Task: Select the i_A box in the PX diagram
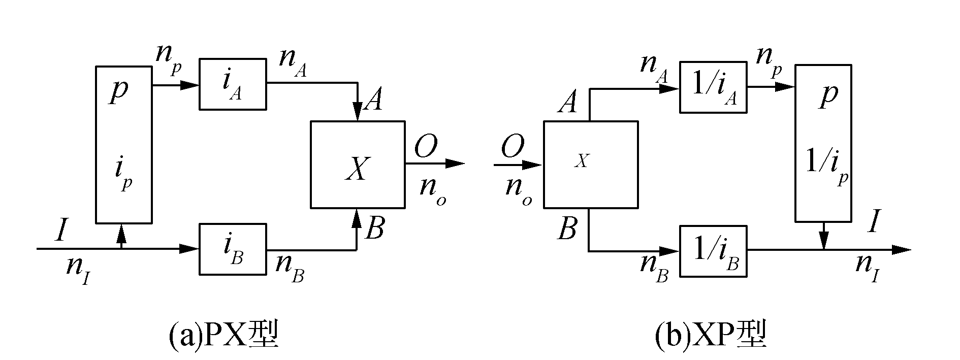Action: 232,84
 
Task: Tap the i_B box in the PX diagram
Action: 232,249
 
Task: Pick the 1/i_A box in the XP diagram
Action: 713,87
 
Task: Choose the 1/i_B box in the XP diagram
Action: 713,251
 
